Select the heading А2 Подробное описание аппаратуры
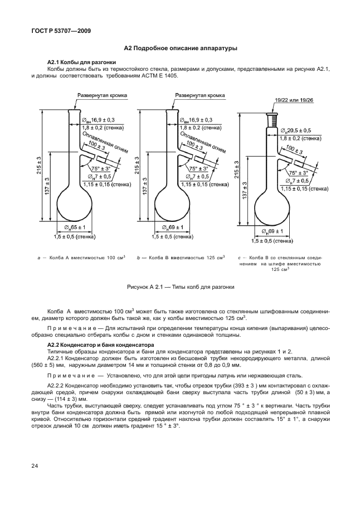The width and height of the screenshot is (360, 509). (180, 49)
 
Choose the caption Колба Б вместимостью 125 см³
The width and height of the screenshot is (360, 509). (181, 258)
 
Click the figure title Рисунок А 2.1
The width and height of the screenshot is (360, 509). (179, 287)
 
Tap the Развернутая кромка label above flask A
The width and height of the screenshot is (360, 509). (101, 95)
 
